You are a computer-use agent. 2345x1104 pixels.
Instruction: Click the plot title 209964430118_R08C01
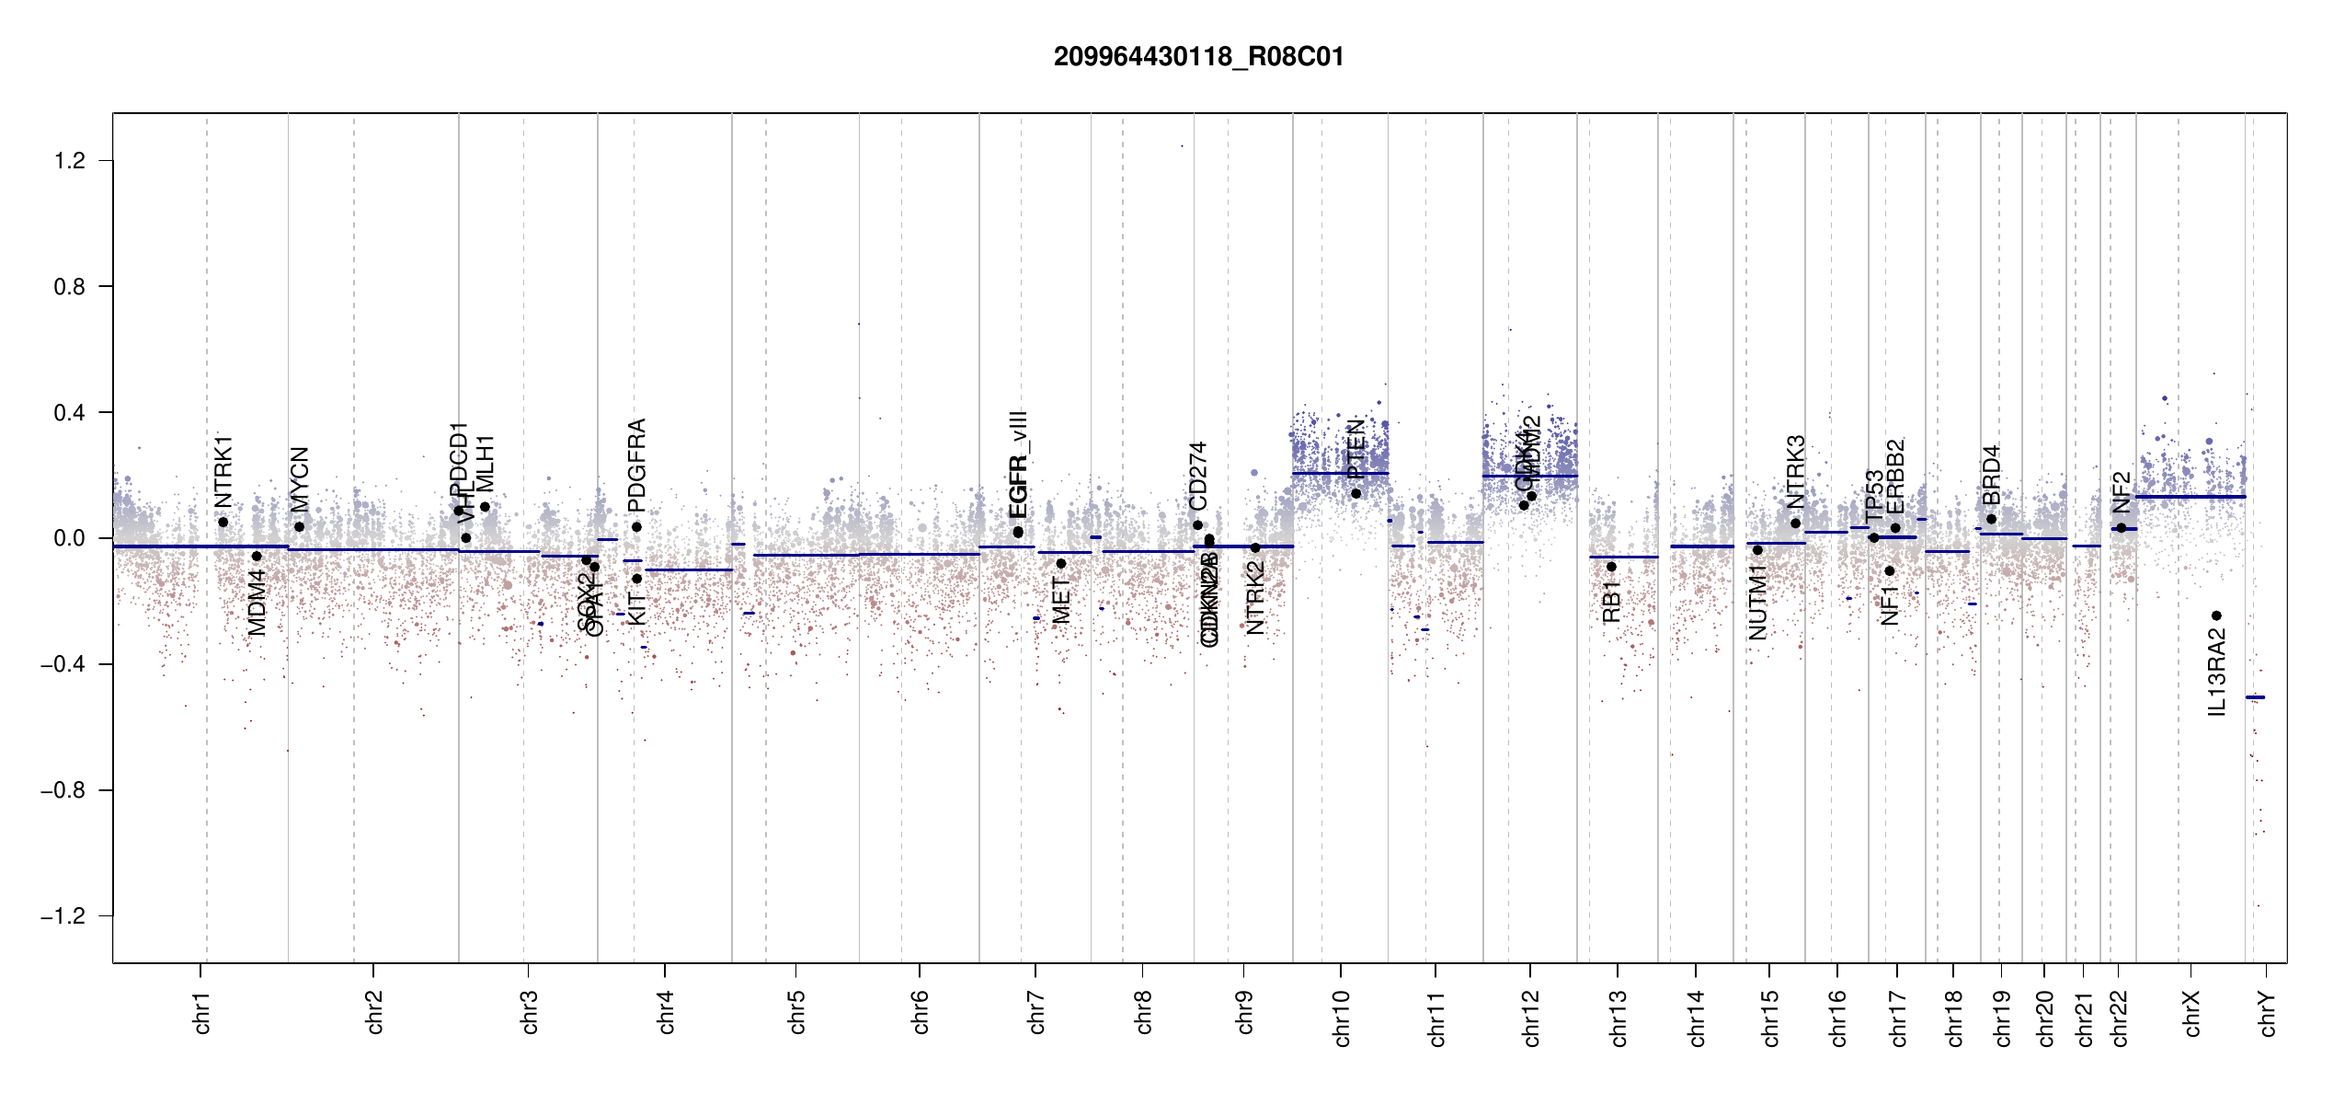click(1198, 57)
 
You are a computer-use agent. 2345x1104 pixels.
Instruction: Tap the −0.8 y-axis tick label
click(63, 790)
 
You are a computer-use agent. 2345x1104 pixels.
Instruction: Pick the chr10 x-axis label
click(1342, 1018)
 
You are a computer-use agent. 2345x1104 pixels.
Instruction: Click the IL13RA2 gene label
click(2217, 672)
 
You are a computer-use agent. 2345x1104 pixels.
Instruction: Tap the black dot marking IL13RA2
click(2216, 615)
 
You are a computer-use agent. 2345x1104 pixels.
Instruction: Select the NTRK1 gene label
click(223, 472)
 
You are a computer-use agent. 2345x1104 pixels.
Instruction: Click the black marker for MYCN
click(299, 527)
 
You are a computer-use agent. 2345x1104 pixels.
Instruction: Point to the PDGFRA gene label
click(636, 466)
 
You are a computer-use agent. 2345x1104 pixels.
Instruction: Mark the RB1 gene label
click(1611, 602)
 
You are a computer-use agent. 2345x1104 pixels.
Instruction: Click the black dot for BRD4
click(1991, 519)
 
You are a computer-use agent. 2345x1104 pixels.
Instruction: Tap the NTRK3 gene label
click(1796, 472)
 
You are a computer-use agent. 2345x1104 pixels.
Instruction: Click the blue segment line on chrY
click(2255, 697)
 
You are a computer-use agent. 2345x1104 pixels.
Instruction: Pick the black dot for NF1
click(1890, 571)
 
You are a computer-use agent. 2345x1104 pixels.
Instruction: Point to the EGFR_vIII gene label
click(1018, 465)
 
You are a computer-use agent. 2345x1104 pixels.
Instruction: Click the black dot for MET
click(1061, 564)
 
